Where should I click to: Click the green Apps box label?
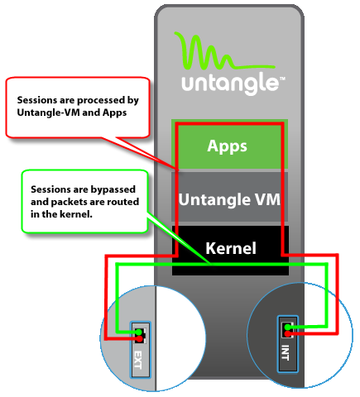tap(227, 146)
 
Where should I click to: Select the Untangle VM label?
tap(229, 199)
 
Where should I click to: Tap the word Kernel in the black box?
tap(231, 248)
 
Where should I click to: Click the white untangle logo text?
tap(230, 84)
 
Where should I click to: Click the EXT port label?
tap(137, 360)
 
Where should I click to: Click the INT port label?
tap(286, 352)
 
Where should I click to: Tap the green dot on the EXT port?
tap(139, 332)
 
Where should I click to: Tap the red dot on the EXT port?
tap(140, 338)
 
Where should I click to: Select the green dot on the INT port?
tap(287, 328)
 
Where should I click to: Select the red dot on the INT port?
tap(288, 334)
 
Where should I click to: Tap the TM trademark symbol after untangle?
tap(282, 79)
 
